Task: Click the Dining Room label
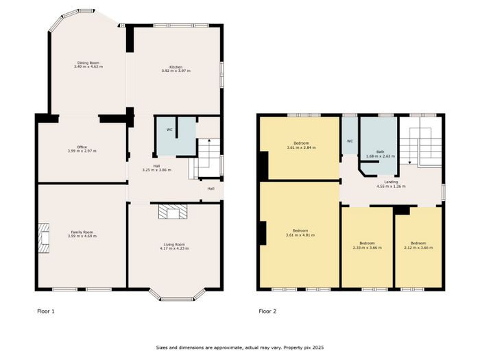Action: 88,63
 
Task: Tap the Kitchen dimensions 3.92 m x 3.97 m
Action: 176,71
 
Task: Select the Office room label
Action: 82,147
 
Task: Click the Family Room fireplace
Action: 44,238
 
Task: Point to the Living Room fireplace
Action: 173,211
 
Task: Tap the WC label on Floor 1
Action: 169,130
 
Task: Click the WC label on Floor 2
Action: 350,141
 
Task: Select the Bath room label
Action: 380,152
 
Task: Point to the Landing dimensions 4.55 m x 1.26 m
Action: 391,186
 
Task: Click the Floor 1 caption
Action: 46,311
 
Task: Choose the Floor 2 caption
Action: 267,311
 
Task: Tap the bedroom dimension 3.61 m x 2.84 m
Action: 301,147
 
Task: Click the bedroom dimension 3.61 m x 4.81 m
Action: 300,235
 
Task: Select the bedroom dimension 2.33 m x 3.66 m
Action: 367,248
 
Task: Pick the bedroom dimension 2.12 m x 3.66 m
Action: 418,248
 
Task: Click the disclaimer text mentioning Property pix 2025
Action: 240,348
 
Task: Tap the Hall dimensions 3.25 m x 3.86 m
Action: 157,169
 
